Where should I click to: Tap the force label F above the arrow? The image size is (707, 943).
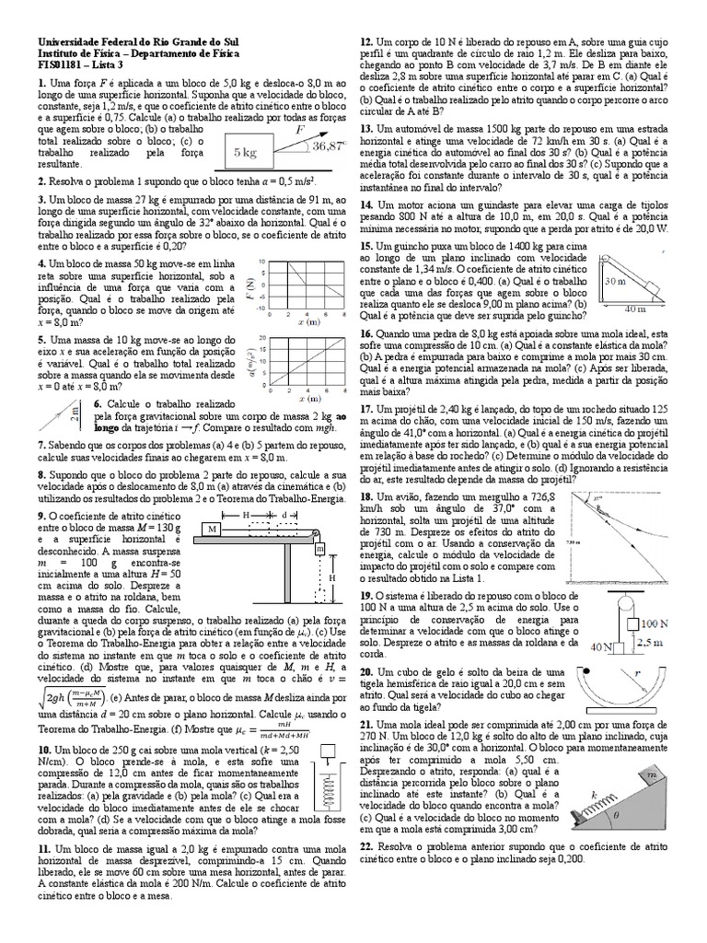[x=298, y=132]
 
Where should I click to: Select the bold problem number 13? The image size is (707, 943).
[x=366, y=128]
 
